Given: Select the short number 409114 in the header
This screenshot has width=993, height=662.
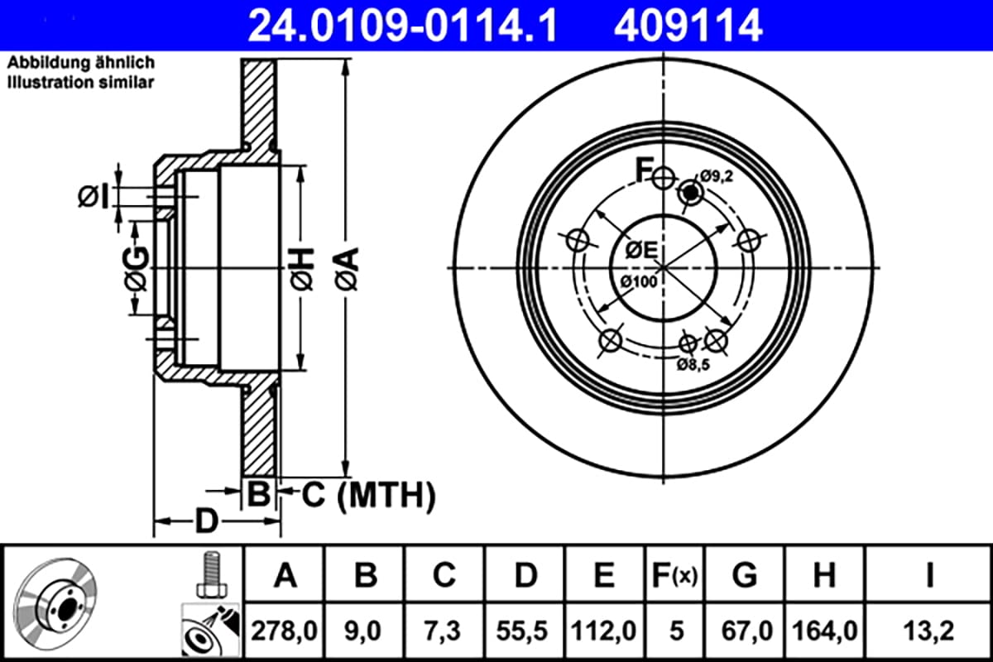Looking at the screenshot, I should tap(686, 26).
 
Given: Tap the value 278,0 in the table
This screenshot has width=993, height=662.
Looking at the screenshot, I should tap(285, 631).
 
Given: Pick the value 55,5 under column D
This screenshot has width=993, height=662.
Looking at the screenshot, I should tap(525, 631).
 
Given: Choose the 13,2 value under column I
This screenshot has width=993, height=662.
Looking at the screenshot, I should tap(930, 631).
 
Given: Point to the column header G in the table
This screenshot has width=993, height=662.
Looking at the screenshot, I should tap(745, 574).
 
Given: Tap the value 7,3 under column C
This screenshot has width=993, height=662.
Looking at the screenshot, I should tap(444, 631).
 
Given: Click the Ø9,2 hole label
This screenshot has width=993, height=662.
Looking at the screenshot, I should tap(717, 175).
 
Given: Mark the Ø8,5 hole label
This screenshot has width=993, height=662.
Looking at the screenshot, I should tap(693, 363).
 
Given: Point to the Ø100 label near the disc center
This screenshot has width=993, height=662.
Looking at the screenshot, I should tap(638, 282).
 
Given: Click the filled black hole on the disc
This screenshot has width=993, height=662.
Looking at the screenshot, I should tap(689, 193).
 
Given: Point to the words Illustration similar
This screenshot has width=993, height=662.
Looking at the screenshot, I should tap(80, 83).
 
